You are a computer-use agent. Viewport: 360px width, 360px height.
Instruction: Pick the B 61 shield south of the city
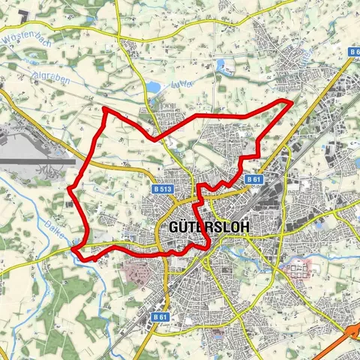pos(160,318)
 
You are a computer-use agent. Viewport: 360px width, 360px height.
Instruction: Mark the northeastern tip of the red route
pos(291,101)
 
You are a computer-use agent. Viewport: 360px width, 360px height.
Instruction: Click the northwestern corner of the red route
pos(105,110)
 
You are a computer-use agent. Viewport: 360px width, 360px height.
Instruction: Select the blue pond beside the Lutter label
pos(155,88)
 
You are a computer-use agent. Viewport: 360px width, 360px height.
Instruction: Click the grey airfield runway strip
pos(37,160)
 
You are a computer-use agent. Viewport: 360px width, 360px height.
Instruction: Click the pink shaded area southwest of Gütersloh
pos(135,270)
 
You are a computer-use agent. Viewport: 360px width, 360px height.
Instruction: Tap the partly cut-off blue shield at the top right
pos(354,52)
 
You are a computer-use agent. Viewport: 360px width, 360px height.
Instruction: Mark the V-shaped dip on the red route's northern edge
pos(154,139)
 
